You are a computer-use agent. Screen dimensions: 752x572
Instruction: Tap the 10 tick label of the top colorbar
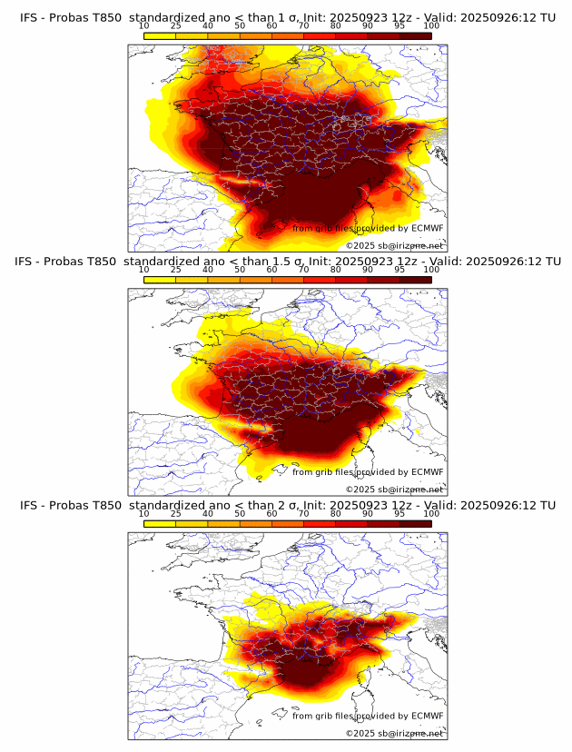point(143,25)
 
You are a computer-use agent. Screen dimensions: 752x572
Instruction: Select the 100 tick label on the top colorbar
point(431,25)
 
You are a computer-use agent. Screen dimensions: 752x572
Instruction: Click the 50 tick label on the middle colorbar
point(240,270)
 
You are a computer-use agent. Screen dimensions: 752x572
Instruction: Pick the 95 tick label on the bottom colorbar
point(399,514)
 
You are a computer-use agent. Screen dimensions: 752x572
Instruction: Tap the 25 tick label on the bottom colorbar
point(176,514)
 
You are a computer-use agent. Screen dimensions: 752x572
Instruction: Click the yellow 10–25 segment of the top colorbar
point(160,35)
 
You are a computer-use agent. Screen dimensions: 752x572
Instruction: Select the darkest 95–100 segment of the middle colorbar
point(415,280)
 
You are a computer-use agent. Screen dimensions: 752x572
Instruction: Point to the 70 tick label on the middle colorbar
point(303,270)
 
